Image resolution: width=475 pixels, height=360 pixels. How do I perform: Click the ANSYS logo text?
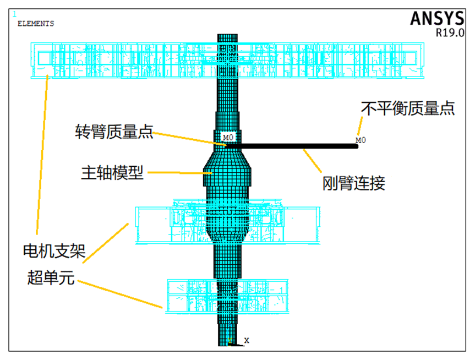coord(436,18)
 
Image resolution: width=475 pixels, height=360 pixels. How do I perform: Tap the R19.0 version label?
coord(450,32)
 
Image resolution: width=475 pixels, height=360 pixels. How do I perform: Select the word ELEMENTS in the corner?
coord(36,24)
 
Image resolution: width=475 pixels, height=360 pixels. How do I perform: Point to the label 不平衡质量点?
coord(408,108)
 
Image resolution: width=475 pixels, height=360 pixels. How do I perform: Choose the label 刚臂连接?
coord(354,183)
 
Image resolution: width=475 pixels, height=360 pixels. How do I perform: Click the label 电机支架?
coord(54,252)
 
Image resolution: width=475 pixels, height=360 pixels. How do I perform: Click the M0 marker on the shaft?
coord(228,137)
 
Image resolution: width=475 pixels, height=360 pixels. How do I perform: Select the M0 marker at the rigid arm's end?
coord(361,140)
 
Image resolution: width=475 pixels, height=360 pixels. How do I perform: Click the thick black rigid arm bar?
coord(292,146)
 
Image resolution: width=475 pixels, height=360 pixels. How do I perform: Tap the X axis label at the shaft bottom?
coord(247,341)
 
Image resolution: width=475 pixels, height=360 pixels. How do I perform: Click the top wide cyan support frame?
coord(138,59)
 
